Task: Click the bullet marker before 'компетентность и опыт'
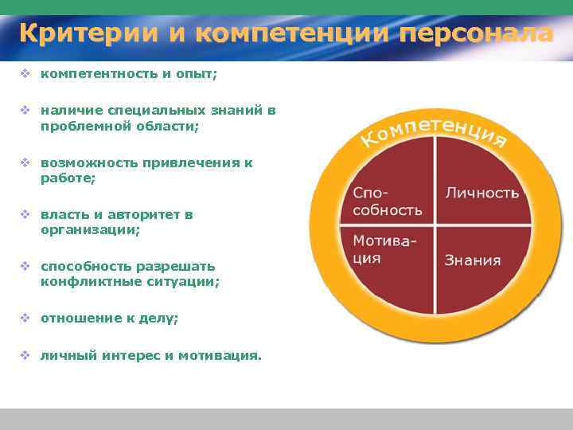click(x=25, y=73)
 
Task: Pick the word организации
click(x=90, y=229)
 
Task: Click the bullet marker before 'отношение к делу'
click(x=25, y=318)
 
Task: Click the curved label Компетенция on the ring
click(x=435, y=131)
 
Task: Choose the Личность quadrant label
click(x=481, y=193)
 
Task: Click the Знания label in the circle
click(x=473, y=260)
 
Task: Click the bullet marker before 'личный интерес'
click(x=25, y=355)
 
